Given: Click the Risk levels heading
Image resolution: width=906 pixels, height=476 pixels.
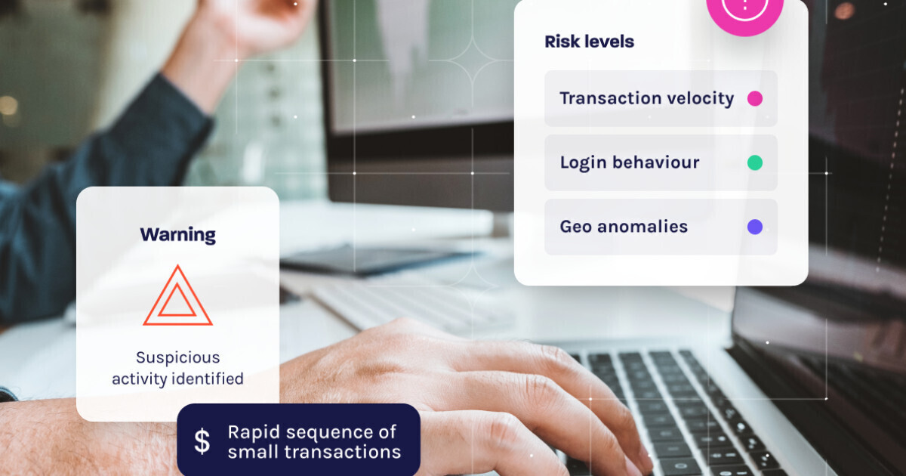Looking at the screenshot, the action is pyautogui.click(x=590, y=42).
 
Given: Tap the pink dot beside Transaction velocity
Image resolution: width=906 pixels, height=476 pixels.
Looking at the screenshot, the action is pyautogui.click(x=755, y=98).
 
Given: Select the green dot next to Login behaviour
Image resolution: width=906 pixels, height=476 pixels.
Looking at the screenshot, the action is pyautogui.click(x=755, y=162).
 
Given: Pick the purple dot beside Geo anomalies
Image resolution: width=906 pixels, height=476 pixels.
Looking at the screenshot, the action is pyautogui.click(x=755, y=227).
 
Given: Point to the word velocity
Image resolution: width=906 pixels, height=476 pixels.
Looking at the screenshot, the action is pyautogui.click(x=695, y=99).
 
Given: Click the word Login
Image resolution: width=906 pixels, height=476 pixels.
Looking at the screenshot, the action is pyautogui.click(x=583, y=163).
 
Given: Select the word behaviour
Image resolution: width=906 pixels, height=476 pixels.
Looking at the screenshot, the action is pyautogui.click(x=655, y=162).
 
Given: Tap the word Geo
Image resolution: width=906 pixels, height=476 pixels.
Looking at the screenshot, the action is pyautogui.click(x=575, y=227).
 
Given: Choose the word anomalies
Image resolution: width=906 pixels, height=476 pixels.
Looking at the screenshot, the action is pyautogui.click(x=643, y=227).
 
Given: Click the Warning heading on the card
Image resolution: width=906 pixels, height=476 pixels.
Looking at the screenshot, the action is pyautogui.click(x=178, y=235).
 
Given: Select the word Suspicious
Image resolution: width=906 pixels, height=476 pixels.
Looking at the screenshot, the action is pyautogui.click(x=178, y=358).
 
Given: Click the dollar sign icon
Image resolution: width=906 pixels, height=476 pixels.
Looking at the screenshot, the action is pyautogui.click(x=202, y=440).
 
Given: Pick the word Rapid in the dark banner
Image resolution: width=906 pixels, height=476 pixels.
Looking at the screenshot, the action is pyautogui.click(x=254, y=433).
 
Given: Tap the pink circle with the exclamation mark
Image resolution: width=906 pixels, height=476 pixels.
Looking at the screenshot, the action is pyautogui.click(x=744, y=10).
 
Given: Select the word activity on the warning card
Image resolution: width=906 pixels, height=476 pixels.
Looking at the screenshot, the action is pyautogui.click(x=140, y=379).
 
